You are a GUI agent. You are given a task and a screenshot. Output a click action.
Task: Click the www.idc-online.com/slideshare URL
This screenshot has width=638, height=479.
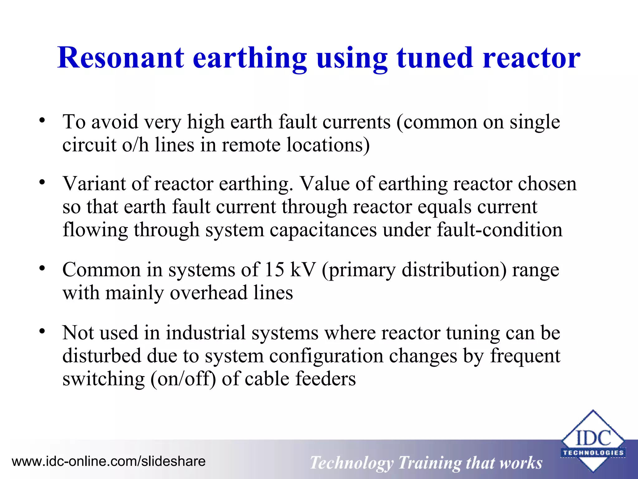coord(109,461)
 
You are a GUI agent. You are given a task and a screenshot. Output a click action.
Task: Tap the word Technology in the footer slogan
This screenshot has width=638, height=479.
coord(351,463)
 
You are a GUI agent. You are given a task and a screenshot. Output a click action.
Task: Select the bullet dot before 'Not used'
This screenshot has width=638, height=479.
coord(42,331)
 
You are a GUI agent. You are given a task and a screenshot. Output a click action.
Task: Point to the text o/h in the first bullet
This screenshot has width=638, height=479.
coord(135,145)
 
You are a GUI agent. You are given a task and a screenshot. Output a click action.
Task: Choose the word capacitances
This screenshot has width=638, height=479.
coord(323,230)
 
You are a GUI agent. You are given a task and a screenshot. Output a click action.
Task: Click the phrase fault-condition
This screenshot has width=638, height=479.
coord(499,230)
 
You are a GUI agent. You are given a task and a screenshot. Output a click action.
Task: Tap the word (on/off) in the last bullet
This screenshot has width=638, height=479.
coord(183,379)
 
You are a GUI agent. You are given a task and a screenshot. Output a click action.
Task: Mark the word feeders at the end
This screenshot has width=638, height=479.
coord(325,379)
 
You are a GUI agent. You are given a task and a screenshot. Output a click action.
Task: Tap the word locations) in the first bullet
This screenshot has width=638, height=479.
coord(328,145)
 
